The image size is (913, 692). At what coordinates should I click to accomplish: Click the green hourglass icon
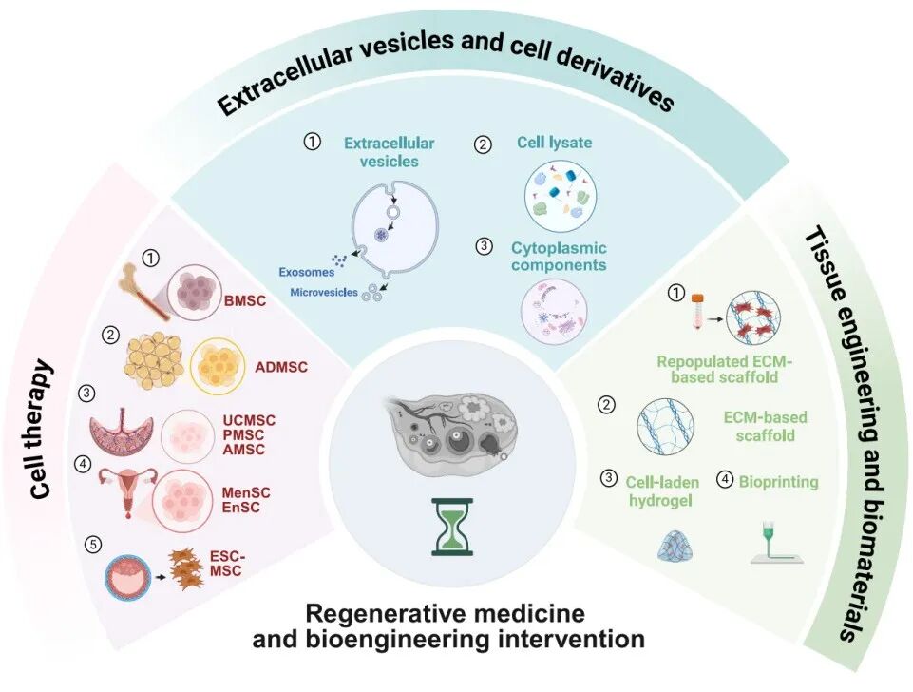452,527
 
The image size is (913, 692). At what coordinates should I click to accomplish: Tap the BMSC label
244,300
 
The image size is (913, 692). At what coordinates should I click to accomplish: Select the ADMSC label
281,367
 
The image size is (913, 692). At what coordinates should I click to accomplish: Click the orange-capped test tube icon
697,311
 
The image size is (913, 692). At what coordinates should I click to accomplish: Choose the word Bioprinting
778,482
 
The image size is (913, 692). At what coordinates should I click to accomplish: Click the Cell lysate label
554,143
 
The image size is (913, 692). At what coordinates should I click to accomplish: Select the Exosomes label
306,272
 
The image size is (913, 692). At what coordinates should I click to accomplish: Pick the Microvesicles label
324,293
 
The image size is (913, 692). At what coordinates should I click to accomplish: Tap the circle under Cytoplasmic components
554,312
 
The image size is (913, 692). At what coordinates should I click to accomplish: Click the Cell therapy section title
40,430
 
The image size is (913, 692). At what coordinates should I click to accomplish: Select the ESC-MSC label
226,564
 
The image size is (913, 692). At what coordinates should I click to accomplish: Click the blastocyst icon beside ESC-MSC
127,577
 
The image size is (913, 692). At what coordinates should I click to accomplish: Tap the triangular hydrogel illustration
675,548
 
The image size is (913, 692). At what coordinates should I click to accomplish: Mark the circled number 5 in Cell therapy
92,545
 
